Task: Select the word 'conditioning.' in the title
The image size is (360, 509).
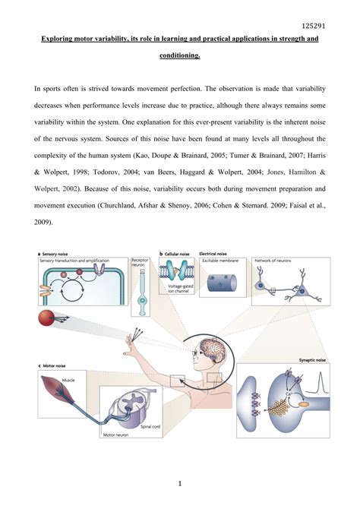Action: click(180, 55)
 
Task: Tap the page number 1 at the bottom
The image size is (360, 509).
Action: click(180, 482)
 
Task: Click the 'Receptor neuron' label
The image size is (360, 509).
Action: click(141, 263)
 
